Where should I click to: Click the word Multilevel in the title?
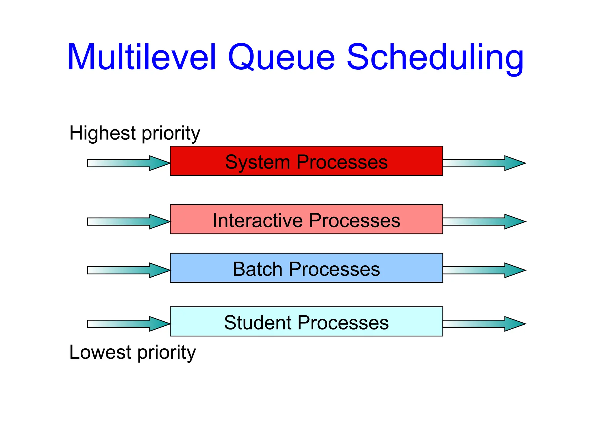pos(142,57)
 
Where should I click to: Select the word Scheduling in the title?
pos(435,57)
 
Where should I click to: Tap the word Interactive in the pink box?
pos(257,221)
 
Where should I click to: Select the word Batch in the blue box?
pos(257,269)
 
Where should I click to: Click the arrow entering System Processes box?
pos(128,163)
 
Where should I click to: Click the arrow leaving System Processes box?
pos(484,163)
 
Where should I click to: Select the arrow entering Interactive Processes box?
pos(128,222)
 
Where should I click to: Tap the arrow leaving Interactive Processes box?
pos(484,222)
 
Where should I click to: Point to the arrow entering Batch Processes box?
pos(128,270)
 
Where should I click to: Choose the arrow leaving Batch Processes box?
pos(484,270)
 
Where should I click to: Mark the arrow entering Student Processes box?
pos(128,324)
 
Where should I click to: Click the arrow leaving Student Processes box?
pos(484,324)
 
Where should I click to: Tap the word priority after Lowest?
pos(167,353)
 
